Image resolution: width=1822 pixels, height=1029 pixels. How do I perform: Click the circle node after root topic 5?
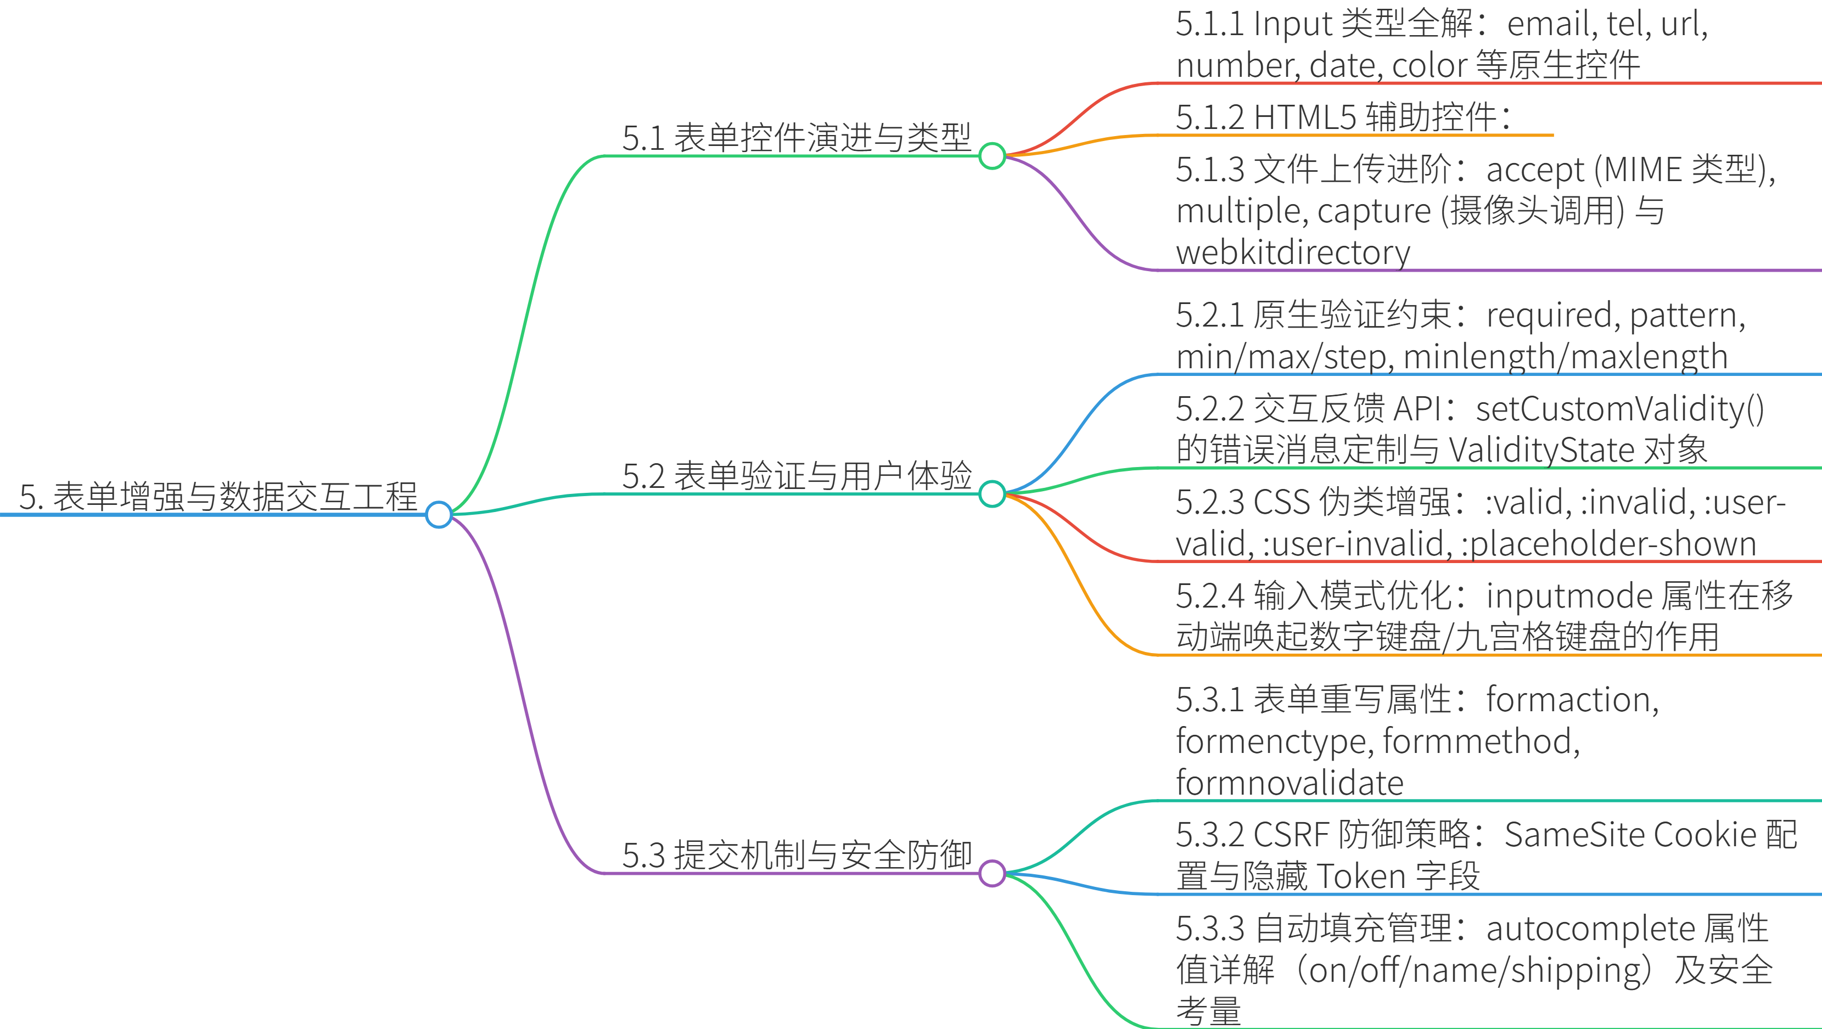pyautogui.click(x=439, y=514)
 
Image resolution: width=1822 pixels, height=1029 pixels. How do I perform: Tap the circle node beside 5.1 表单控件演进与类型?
pyautogui.click(x=991, y=156)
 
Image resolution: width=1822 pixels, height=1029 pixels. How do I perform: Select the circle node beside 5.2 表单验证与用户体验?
pyautogui.click(x=991, y=493)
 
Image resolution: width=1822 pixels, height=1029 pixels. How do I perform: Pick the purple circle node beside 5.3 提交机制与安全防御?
pyautogui.click(x=991, y=873)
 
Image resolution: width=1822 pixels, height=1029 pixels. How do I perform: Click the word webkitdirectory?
pyautogui.click(x=1293, y=252)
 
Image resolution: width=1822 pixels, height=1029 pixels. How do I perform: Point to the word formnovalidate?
pyautogui.click(x=1290, y=783)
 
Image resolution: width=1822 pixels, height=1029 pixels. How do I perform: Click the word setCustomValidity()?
pyautogui.click(x=1620, y=409)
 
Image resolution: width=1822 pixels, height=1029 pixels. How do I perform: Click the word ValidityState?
pyautogui.click(x=1542, y=450)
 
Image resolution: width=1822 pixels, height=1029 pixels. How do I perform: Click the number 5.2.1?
pyautogui.click(x=1209, y=316)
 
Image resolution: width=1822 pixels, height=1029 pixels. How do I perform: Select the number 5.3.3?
pyautogui.click(x=1209, y=929)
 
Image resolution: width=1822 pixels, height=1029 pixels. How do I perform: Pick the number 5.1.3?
pyautogui.click(x=1209, y=170)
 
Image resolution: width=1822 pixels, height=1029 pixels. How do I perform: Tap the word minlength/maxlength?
pyautogui.click(x=1565, y=357)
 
